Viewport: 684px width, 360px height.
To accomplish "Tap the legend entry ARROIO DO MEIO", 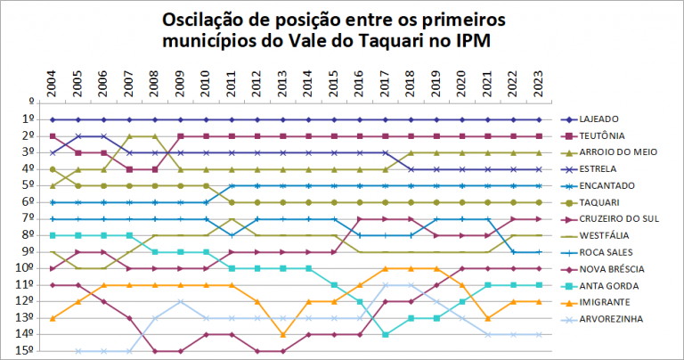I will (623, 152).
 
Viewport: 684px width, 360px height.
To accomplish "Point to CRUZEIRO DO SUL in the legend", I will (624, 219).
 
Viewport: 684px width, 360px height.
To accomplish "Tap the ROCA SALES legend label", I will (614, 252).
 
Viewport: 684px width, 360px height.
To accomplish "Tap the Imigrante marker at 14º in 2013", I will (282, 334).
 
